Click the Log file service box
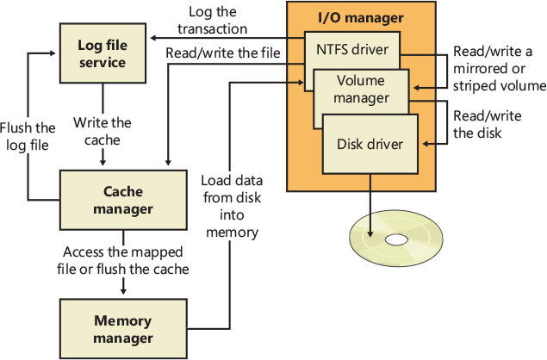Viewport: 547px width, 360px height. pos(103,53)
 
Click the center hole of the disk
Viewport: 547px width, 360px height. pos(397,239)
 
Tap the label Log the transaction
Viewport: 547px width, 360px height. pos(212,19)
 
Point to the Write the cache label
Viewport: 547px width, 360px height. pos(102,131)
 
